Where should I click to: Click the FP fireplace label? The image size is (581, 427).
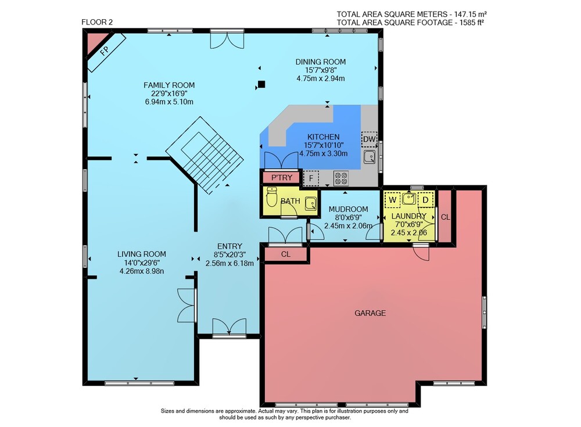click(105, 51)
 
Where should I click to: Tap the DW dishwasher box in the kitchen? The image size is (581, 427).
click(369, 139)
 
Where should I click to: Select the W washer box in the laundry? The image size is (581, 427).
click(392, 200)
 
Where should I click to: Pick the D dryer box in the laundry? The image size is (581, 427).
click(426, 200)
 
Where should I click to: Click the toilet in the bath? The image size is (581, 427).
click(271, 197)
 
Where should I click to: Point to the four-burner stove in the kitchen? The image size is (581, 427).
click(341, 178)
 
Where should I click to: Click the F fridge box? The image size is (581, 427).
click(311, 178)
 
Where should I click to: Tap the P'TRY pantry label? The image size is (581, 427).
click(282, 178)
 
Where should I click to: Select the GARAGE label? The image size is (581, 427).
click(370, 313)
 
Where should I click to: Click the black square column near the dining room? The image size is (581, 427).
click(261, 84)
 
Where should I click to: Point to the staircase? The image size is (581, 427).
click(205, 155)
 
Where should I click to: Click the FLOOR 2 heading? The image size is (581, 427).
click(97, 22)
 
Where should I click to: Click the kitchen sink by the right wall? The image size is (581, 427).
click(370, 157)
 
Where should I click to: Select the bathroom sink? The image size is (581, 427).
click(310, 203)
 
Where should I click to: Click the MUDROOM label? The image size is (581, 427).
click(348, 209)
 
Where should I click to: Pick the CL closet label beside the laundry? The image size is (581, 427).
click(446, 217)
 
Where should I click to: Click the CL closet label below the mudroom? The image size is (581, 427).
click(286, 254)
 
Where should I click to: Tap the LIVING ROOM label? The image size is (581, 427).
click(142, 254)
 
